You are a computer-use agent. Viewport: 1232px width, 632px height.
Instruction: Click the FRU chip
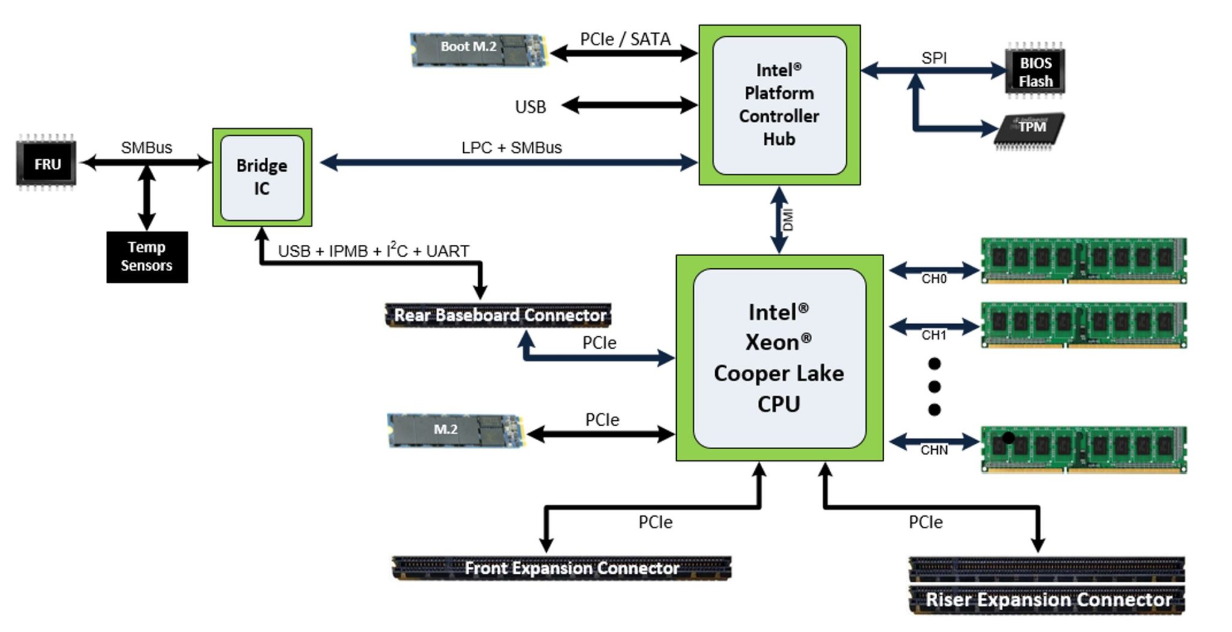click(x=46, y=164)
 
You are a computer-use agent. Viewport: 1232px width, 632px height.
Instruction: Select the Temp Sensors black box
click(x=147, y=257)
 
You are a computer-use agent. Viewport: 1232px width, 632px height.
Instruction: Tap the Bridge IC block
click(x=262, y=177)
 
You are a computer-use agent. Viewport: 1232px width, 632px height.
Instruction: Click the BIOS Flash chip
click(x=1035, y=72)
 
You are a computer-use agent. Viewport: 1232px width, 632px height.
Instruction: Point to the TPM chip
click(x=1029, y=127)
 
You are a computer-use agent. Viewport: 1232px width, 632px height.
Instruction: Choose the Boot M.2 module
click(x=478, y=48)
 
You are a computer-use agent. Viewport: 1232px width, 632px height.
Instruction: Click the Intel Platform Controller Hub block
click(x=779, y=105)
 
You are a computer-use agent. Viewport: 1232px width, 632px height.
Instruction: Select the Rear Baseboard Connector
click(x=498, y=315)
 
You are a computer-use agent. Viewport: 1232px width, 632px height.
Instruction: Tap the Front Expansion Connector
click(x=561, y=568)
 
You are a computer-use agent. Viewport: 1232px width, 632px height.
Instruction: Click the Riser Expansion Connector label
click(x=1047, y=600)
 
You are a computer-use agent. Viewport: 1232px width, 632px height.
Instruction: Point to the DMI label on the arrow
click(x=788, y=219)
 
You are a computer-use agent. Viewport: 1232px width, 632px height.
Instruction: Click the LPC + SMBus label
click(x=511, y=147)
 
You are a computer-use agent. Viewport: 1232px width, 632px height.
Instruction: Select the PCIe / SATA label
click(x=625, y=39)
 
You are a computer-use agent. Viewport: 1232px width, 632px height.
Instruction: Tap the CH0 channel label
click(x=934, y=279)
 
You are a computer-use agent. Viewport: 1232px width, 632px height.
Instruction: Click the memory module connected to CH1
click(x=1083, y=325)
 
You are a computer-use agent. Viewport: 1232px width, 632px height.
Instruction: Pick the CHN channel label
click(x=934, y=450)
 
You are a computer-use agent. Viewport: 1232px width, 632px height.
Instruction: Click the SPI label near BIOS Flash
click(x=934, y=58)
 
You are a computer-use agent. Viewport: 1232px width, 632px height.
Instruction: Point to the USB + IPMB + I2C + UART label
click(x=373, y=250)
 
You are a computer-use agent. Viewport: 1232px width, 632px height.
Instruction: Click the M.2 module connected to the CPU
click(x=455, y=430)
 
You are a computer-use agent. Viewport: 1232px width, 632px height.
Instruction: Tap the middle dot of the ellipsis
click(x=934, y=387)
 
